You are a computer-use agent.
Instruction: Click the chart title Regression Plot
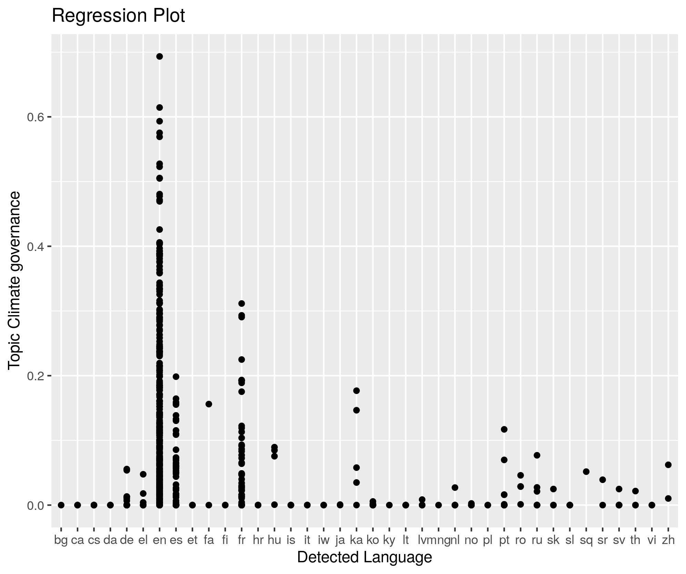pos(118,16)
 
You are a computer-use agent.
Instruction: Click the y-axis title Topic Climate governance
pos(15,281)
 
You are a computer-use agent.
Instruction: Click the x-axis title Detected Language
pos(364,557)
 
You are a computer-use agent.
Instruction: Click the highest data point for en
pos(160,57)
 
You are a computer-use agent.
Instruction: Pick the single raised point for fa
pos(209,404)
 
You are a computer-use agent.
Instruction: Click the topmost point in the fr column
pos(242,303)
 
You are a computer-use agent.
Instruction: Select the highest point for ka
pos(356,391)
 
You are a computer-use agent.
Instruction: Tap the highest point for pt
pos(504,429)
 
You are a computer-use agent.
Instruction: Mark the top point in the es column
pos(176,376)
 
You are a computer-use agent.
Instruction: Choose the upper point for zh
pos(668,465)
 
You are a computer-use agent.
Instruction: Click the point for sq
pos(586,472)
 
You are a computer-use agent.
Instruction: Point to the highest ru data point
pos(537,455)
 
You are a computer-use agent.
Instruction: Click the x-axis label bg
pos(61,540)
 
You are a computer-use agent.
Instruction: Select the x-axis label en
pos(160,540)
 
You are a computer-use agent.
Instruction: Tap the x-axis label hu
pos(274,540)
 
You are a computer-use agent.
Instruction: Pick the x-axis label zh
pos(668,540)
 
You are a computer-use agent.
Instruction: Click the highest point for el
pos(143,474)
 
